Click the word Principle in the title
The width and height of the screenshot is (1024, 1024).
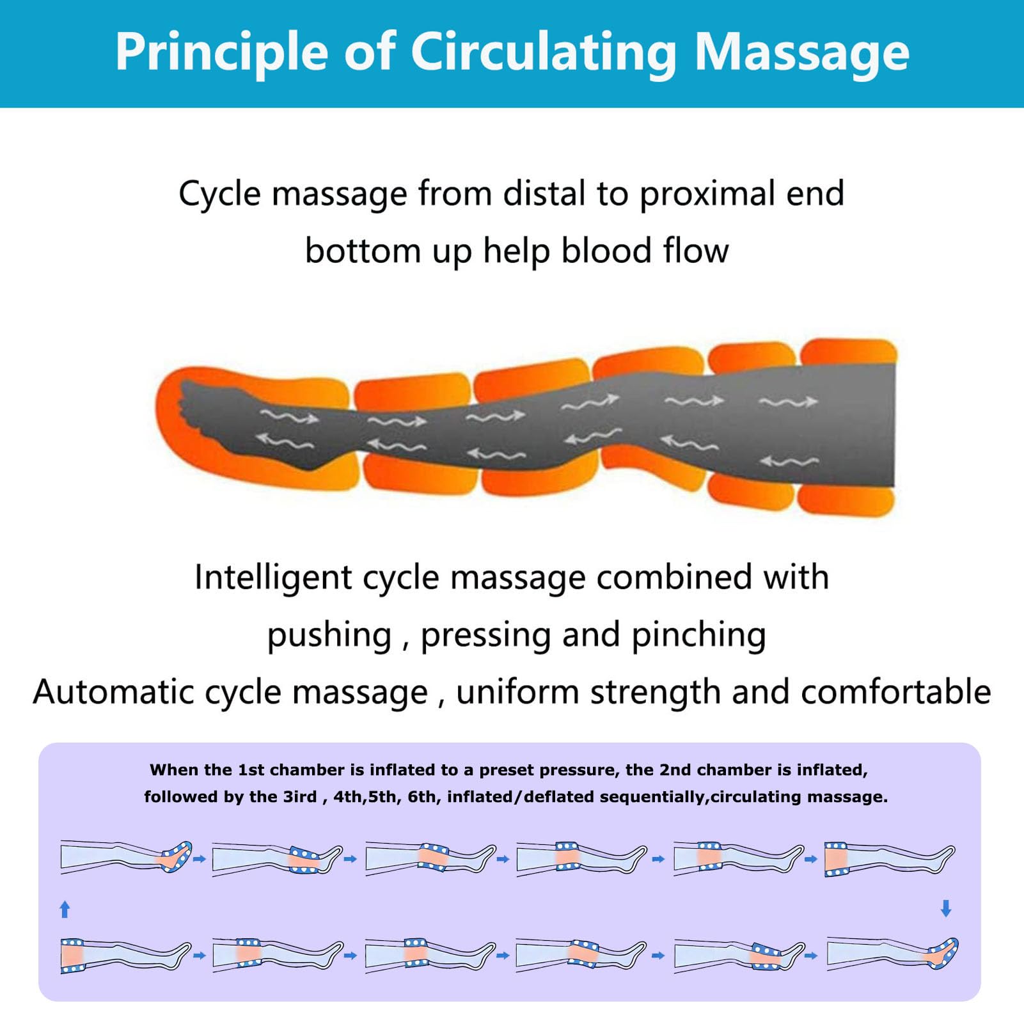(221, 52)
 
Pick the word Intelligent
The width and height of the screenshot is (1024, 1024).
(274, 578)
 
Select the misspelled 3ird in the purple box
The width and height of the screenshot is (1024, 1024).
(300, 796)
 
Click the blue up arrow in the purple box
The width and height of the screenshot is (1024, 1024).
(65, 909)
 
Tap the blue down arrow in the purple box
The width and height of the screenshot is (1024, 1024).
(947, 908)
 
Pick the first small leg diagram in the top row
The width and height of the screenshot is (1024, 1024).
(126, 858)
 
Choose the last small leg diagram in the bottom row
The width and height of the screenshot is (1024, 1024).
(893, 954)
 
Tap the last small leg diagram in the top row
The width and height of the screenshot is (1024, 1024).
(890, 859)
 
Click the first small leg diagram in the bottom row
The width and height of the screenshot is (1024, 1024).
(126, 956)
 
